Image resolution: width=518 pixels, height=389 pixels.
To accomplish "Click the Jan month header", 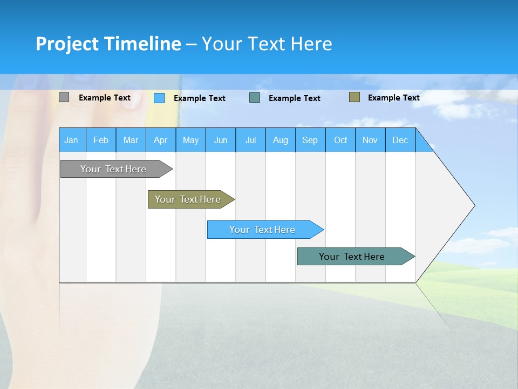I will click(72, 140).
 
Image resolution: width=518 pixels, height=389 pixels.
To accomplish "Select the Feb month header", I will click(101, 140).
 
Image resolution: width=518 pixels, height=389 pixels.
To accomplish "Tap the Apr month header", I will click(161, 140).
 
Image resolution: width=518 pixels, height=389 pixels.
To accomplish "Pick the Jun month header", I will click(221, 140).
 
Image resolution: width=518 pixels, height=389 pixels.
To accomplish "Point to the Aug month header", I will click(281, 140).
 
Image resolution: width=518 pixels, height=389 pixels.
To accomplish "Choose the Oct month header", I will click(340, 140).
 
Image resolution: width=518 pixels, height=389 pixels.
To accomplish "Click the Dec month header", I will click(400, 140).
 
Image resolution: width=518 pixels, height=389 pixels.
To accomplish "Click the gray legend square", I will click(64, 97).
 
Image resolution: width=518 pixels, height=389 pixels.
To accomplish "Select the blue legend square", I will click(159, 98).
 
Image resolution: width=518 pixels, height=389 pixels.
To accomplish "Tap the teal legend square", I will click(255, 98).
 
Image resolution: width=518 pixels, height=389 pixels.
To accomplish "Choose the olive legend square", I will click(354, 97).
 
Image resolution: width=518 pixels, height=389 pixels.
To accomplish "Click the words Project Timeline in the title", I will click(108, 44).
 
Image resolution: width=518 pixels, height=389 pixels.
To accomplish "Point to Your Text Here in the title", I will click(267, 44).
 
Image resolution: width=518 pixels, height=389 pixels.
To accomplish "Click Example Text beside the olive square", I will click(393, 98).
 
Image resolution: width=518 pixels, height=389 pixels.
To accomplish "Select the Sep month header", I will click(310, 140).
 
